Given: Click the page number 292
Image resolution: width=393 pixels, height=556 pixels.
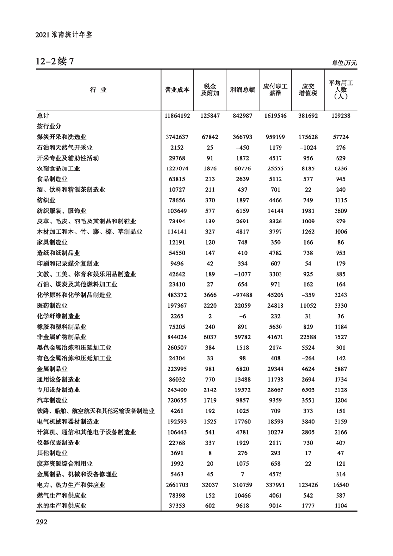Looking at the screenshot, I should coord(41,522).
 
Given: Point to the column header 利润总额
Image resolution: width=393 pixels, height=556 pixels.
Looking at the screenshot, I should coord(242,90).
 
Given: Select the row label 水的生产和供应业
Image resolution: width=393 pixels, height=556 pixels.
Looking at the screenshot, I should coord(62,505).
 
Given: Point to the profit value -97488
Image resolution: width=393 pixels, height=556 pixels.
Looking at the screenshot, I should coord(242,295).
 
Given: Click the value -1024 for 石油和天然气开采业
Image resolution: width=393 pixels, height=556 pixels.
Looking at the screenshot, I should coord(308,147).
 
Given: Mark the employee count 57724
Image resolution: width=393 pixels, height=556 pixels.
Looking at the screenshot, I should coord(340,137).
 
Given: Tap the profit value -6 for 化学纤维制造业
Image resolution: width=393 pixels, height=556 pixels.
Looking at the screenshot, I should coord(242,316).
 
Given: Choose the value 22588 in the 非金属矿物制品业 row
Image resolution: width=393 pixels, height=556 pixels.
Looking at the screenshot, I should coord(308,337).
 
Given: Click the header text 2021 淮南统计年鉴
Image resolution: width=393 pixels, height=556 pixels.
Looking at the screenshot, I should coord(65,35).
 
